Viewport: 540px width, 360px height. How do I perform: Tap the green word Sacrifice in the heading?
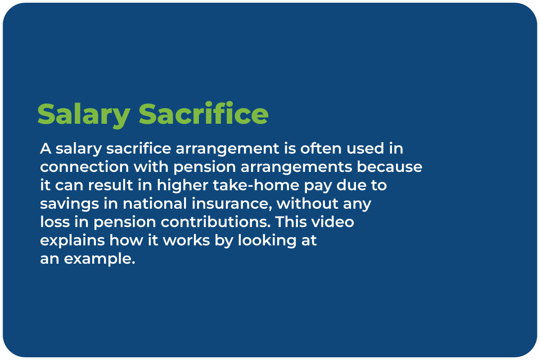pyautogui.click(x=203, y=113)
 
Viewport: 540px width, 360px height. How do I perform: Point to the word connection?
pyautogui.click(x=85, y=167)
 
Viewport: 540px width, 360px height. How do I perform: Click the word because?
pyautogui.click(x=389, y=166)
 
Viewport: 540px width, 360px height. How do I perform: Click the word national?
pyautogui.click(x=155, y=203)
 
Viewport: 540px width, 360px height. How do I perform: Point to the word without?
pyautogui.click(x=307, y=203)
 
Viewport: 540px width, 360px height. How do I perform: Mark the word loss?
pyautogui.click(x=55, y=221)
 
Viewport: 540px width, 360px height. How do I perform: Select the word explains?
pyautogui.click(x=72, y=241)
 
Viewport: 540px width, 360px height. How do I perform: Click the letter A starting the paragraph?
pyautogui.click(x=45, y=148)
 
